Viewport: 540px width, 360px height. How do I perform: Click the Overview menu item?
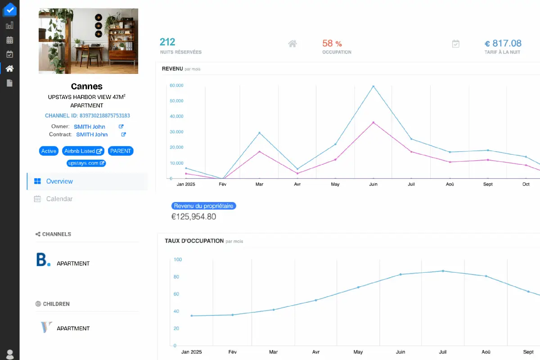(x=59, y=181)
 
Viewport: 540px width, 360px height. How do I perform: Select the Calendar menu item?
(x=59, y=199)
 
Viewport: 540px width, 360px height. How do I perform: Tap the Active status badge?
(x=49, y=151)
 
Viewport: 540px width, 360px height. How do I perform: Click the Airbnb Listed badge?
(x=83, y=151)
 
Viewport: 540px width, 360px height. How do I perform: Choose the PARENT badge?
(x=121, y=151)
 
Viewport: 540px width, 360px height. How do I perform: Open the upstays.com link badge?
(x=86, y=163)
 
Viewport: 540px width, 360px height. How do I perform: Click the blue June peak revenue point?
(x=373, y=86)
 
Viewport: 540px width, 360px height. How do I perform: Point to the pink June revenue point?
(x=373, y=122)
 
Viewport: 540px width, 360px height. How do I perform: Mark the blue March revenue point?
(x=259, y=133)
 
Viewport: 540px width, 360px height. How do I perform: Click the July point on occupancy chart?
(x=443, y=271)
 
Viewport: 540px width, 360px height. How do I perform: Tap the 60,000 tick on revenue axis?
(x=176, y=85)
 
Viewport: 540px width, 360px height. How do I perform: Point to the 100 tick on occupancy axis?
(x=177, y=260)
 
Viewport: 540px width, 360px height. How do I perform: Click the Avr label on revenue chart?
(x=297, y=184)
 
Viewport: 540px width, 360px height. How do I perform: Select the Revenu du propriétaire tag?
(x=204, y=206)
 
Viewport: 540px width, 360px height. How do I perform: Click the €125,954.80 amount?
(x=193, y=217)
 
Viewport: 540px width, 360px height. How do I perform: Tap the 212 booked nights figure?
(x=167, y=42)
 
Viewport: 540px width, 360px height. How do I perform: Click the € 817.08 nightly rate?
(x=503, y=44)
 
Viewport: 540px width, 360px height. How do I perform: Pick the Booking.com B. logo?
(x=43, y=260)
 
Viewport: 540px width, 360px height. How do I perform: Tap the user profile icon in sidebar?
(x=9, y=354)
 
